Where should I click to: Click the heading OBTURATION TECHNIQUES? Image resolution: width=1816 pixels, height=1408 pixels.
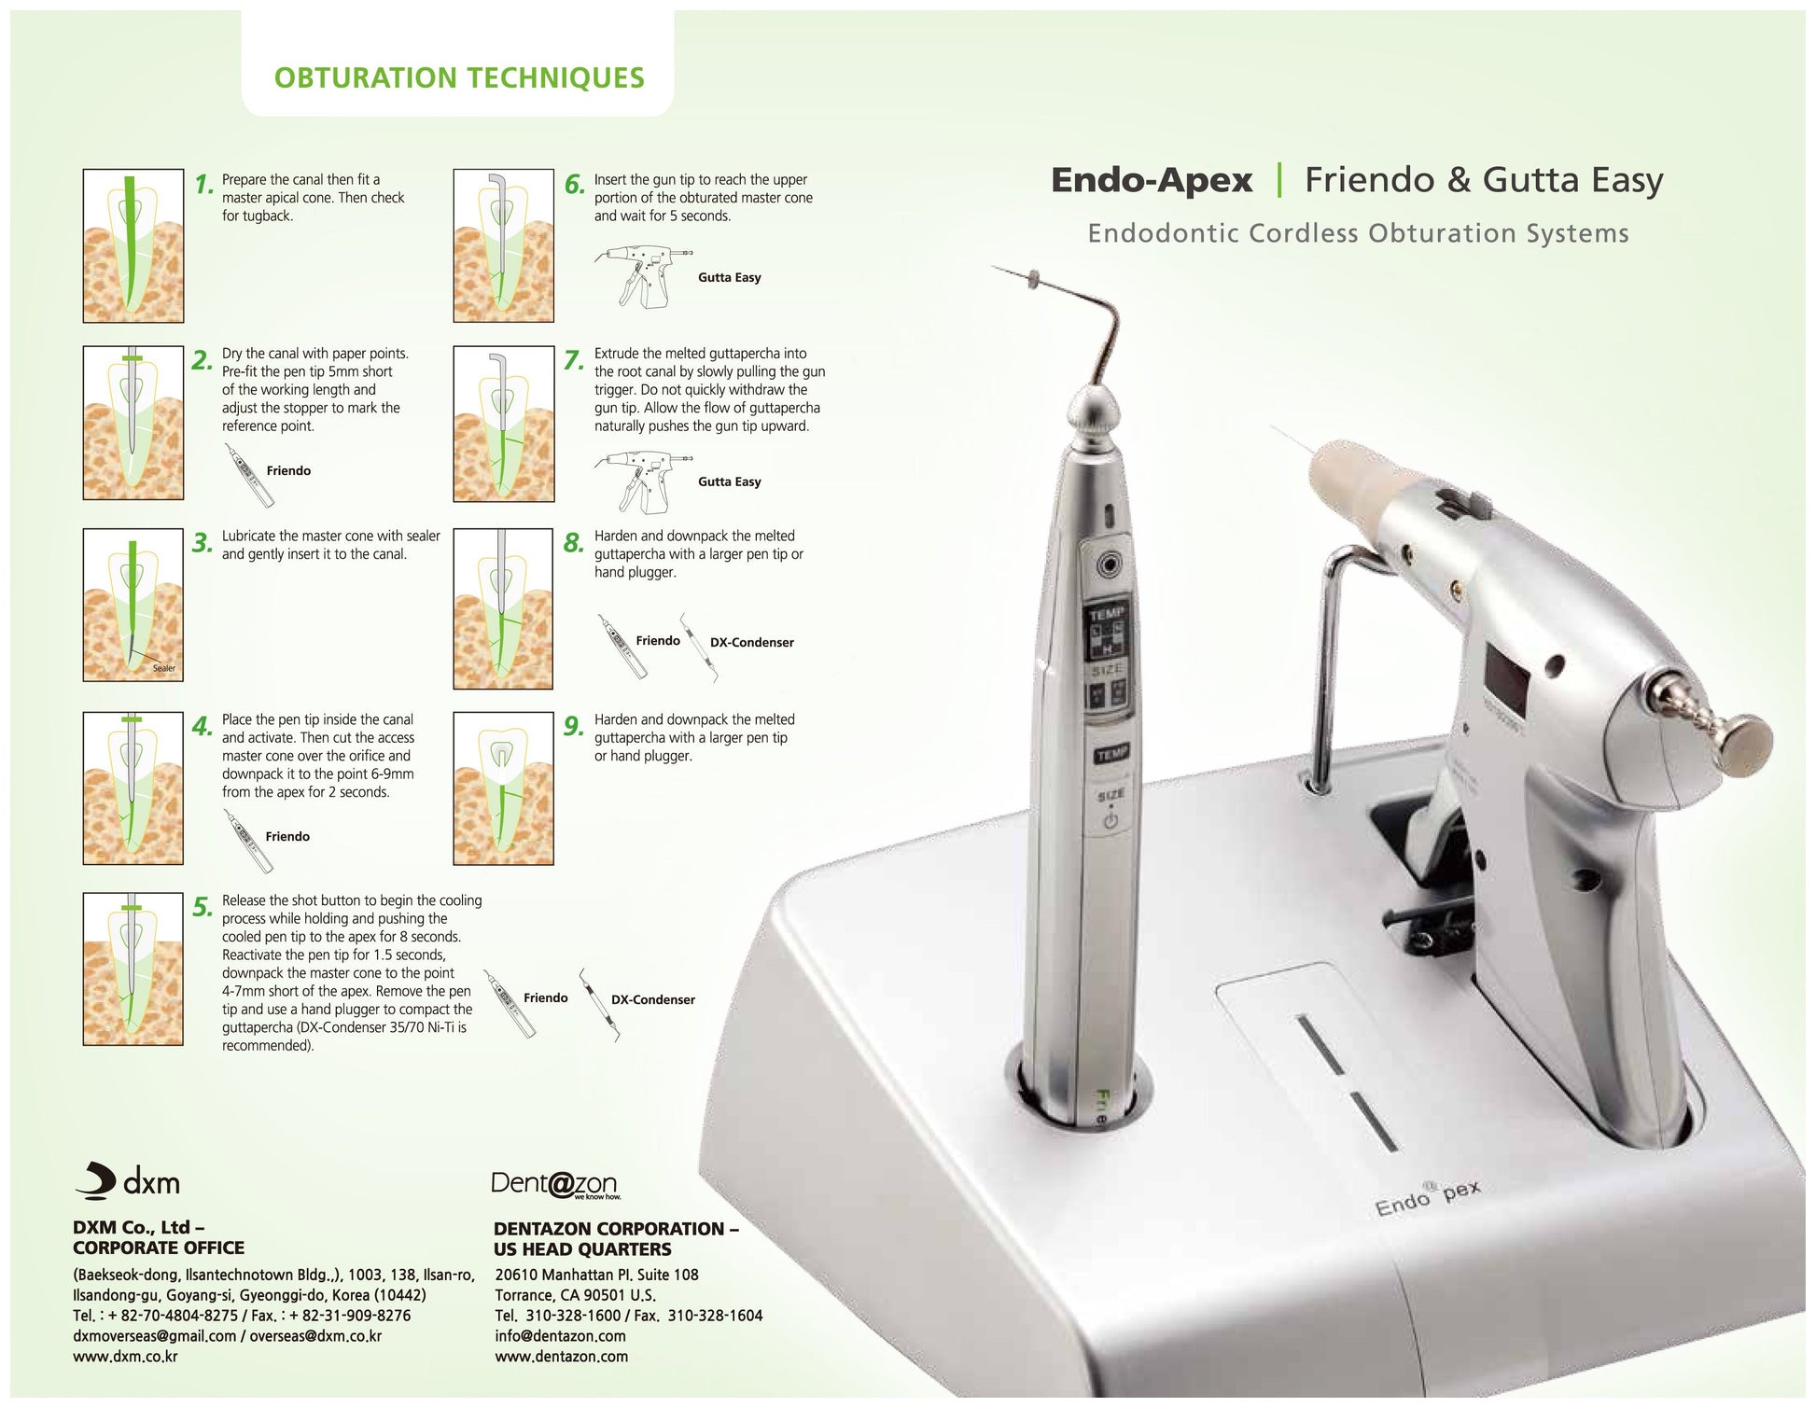(x=459, y=77)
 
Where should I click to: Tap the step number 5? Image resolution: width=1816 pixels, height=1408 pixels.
(x=203, y=907)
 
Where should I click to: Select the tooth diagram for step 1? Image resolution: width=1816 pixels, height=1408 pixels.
(x=133, y=245)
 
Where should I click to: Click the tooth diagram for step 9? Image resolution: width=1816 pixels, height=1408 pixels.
(x=503, y=788)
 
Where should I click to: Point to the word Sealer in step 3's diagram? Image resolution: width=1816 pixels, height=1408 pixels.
(x=164, y=668)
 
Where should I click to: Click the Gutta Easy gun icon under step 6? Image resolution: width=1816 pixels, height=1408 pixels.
(x=642, y=276)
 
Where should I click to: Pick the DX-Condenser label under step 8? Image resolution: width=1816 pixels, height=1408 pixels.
(x=751, y=642)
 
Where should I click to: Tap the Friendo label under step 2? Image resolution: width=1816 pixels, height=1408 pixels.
(x=288, y=470)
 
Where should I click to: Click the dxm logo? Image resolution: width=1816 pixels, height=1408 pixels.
(x=128, y=1181)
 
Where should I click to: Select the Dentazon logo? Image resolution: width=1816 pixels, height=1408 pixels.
(x=554, y=1184)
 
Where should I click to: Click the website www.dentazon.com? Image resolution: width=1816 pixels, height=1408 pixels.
(x=561, y=1357)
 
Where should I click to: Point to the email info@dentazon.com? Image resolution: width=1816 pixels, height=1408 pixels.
(x=560, y=1336)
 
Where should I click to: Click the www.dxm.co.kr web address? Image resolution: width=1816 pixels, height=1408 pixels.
(x=125, y=1357)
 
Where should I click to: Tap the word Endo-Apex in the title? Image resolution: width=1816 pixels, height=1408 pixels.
(x=1152, y=180)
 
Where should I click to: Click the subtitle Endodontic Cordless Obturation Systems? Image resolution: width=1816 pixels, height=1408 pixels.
(x=1358, y=233)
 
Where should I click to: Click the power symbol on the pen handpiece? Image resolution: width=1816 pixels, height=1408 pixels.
(x=1111, y=822)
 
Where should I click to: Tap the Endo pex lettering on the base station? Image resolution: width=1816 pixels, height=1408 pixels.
(x=1426, y=1198)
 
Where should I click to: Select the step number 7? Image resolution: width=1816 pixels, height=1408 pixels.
(x=574, y=359)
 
